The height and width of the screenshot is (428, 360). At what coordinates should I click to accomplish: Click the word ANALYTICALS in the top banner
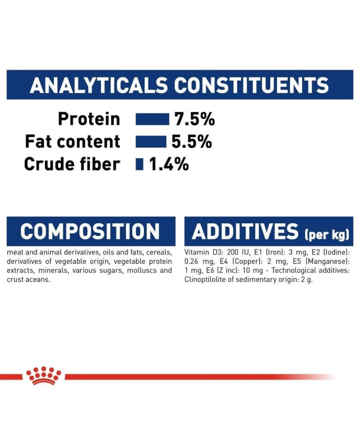point(99,85)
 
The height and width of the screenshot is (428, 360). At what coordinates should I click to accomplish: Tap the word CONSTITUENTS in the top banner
point(251,85)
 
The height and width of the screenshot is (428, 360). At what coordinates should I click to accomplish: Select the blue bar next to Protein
point(152,119)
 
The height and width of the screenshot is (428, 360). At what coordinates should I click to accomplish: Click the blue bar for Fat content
point(151,141)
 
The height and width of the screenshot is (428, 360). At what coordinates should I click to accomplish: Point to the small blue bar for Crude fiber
point(139,164)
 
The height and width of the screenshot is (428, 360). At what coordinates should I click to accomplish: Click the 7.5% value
point(194,119)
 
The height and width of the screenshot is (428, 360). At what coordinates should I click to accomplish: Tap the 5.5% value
point(192,141)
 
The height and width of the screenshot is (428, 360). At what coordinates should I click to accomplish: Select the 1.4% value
point(169,164)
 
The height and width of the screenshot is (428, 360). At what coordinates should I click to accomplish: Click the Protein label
point(89,119)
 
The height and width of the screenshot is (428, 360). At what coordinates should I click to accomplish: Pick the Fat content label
point(72,141)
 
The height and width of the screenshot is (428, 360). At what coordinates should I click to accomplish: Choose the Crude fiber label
point(72,164)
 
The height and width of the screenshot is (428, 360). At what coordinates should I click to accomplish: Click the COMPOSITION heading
point(90,232)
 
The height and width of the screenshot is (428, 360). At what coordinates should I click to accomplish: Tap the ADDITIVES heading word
point(245,232)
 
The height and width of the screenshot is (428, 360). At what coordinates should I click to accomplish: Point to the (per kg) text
point(327,234)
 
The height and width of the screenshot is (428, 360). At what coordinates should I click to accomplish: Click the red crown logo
point(44,375)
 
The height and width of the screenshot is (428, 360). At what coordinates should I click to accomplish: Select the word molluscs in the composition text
point(142,270)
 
